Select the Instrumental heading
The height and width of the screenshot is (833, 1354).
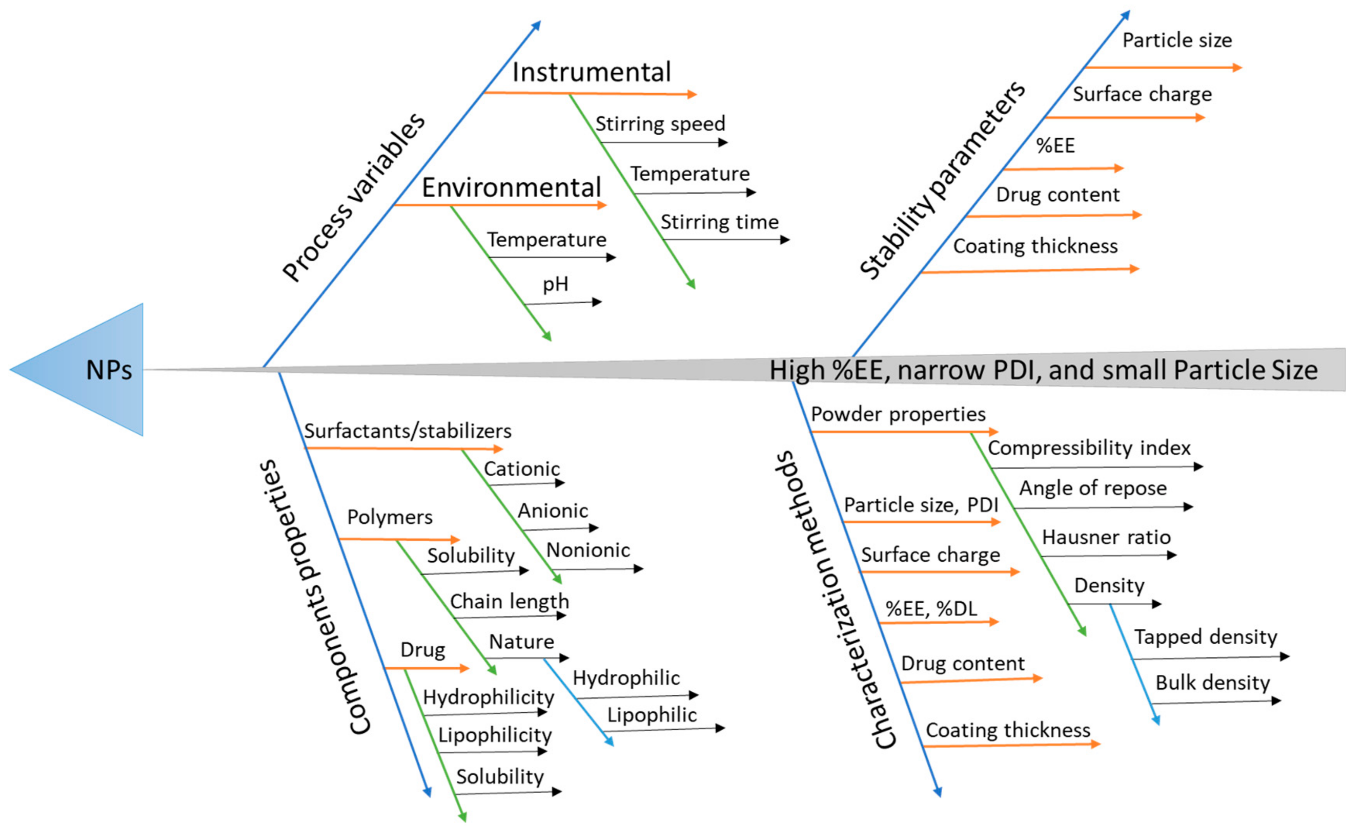(x=591, y=72)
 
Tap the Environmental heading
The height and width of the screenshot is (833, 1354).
(x=511, y=188)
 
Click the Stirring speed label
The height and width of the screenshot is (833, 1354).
(x=660, y=124)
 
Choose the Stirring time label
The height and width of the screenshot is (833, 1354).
(x=719, y=223)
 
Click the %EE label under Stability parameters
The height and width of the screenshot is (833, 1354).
(x=1055, y=146)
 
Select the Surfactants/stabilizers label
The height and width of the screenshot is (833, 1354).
(x=407, y=431)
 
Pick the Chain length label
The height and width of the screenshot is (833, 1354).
(x=509, y=601)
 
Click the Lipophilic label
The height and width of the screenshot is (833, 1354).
(x=651, y=715)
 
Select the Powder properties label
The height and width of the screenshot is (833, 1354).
(x=898, y=414)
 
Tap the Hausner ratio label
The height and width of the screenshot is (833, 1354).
(x=1105, y=537)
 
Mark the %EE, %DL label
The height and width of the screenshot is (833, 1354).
(x=931, y=609)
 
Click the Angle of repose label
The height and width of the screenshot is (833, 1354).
(x=1092, y=488)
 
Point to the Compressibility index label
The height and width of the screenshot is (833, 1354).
(x=1088, y=448)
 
